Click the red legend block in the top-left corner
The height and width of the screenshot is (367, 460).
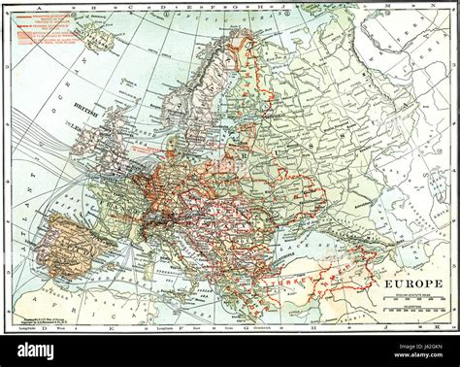click(44, 30)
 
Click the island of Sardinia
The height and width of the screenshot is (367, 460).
click(146, 261)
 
